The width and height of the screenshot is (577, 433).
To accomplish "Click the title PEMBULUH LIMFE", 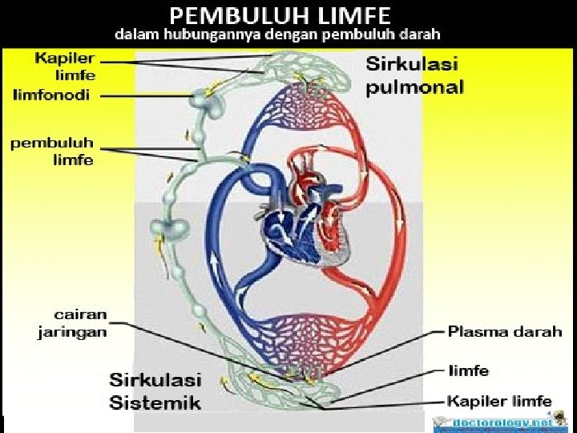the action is [280, 14].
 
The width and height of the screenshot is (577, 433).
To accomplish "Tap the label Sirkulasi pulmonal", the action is [414, 75].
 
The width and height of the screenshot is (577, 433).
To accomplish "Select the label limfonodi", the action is [52, 95].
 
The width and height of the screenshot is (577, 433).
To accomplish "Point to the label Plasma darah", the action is [504, 331].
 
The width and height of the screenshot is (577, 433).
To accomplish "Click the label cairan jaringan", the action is [72, 324].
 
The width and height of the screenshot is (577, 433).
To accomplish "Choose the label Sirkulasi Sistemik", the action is [155, 391].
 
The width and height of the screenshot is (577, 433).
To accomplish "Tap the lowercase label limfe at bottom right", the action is [467, 371].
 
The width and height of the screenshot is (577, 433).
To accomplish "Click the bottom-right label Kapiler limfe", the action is [499, 401].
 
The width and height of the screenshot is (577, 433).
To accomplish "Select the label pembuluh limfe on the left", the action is [51, 152].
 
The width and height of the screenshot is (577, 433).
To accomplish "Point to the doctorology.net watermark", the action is [502, 422].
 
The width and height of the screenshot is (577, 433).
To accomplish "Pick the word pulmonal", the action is [414, 87].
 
